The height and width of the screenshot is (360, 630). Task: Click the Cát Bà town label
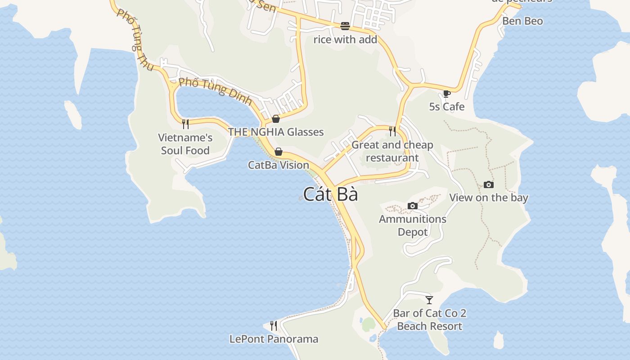point(330,194)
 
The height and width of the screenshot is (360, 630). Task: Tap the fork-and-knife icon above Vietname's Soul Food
point(185,124)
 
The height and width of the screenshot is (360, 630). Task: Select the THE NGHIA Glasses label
point(276,132)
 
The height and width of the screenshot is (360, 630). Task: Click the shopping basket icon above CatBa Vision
point(279,152)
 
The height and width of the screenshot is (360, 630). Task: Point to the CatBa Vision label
point(279,165)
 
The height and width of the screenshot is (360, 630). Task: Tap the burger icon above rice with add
point(345,26)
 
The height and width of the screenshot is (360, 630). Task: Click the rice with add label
point(345,40)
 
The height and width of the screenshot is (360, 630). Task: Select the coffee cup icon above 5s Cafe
point(446,94)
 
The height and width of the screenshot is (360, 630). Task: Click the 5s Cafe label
point(446,107)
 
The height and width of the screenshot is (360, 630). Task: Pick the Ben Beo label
point(522,21)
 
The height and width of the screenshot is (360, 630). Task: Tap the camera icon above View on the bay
point(489,184)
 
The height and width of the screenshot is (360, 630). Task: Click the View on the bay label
point(489,198)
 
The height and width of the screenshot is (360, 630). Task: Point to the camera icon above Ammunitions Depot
point(413,206)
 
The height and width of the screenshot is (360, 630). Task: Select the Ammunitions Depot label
point(413,225)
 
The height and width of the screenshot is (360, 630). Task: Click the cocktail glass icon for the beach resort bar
point(429,300)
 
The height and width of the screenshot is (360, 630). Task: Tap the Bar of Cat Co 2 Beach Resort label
point(429,319)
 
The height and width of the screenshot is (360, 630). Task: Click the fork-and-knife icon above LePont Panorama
point(274,325)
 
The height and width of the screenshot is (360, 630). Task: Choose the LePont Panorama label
point(274,339)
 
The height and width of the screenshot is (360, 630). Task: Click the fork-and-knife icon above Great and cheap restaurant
point(392,131)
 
